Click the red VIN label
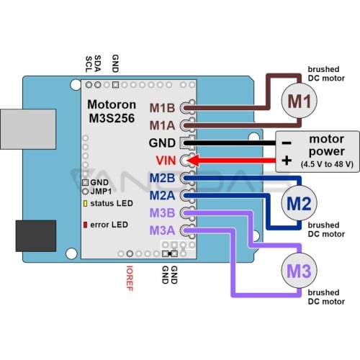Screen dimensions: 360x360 (x=166, y=161)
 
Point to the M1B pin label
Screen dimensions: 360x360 (x=162, y=108)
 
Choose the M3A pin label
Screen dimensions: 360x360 (x=162, y=230)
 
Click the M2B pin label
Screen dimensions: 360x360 (x=162, y=178)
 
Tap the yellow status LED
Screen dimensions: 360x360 (x=85, y=203)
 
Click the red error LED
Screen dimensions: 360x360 (x=85, y=225)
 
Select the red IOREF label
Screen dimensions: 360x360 (x=130, y=279)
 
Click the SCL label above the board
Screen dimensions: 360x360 (x=89, y=64)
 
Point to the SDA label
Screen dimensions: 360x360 (x=97, y=63)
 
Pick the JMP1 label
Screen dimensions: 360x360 (x=101, y=192)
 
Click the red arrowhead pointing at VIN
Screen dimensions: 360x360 (x=193, y=161)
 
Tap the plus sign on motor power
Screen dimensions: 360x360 (x=287, y=161)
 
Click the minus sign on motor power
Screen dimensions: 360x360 (x=287, y=143)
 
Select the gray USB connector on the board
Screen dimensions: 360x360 (x=28, y=129)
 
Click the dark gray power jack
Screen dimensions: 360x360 (x=36, y=235)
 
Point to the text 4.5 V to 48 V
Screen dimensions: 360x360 (x=327, y=164)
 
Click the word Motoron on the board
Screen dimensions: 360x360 (x=112, y=104)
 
